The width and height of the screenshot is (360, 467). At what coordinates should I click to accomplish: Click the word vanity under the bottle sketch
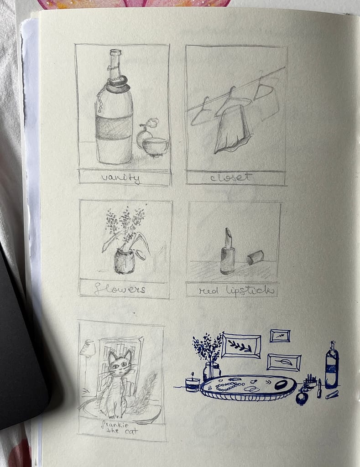[x=120, y=178]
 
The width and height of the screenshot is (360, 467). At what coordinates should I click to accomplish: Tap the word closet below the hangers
[x=231, y=177]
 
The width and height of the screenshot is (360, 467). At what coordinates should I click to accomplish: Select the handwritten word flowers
[x=120, y=289]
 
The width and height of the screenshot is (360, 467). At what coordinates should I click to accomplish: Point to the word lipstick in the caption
[x=250, y=291]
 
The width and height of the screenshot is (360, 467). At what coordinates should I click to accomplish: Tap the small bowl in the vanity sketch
[x=155, y=146]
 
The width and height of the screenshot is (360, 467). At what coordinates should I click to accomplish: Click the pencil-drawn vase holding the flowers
[x=124, y=261]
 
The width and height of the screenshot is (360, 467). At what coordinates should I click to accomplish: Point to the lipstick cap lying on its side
[x=256, y=257]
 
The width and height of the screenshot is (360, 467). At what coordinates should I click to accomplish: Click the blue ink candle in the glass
[x=193, y=384]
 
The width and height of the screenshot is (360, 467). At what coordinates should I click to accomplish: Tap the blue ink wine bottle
[x=332, y=365]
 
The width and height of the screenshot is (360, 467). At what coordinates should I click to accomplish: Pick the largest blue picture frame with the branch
[x=241, y=346]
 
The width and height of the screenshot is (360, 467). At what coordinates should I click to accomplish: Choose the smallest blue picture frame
[x=280, y=336]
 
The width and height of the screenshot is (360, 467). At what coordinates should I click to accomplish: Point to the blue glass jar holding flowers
[x=212, y=371]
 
